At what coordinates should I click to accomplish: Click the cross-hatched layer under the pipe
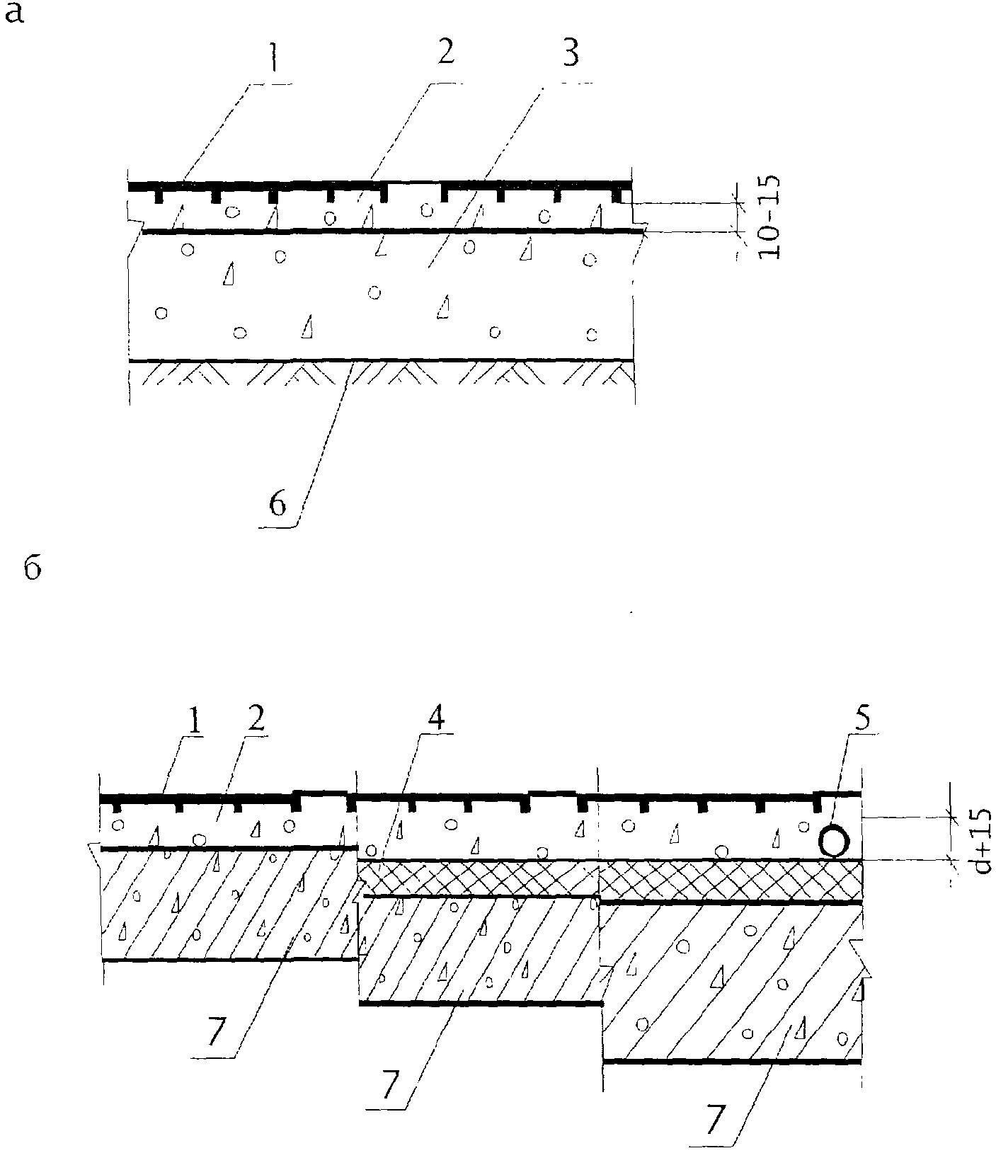(729, 880)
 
